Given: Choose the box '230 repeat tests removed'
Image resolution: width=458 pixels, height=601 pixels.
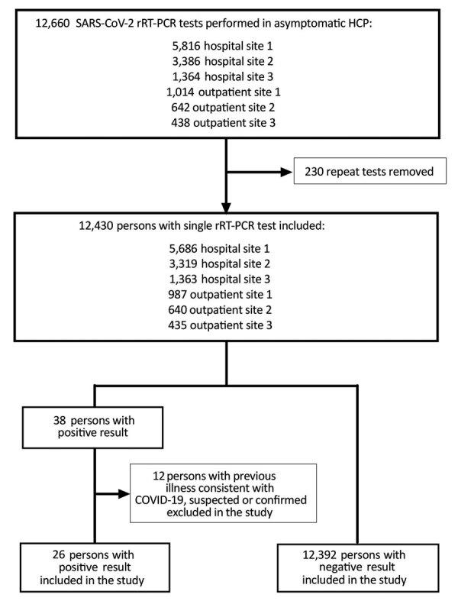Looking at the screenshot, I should point(363,173).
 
